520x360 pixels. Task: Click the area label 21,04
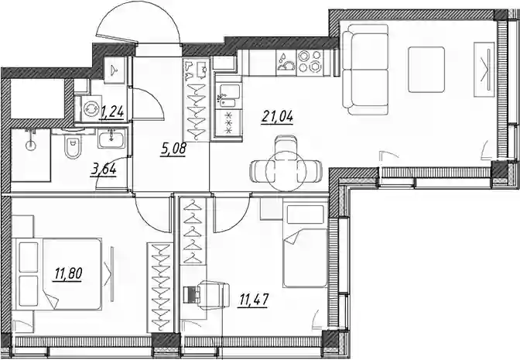point(278,116)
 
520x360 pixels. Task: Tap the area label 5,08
point(173,149)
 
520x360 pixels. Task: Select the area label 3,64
point(104,170)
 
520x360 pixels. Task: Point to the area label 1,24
point(112,111)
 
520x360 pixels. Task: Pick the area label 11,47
point(253,300)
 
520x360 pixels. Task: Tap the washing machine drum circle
point(90,108)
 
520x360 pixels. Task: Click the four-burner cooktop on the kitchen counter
point(309,61)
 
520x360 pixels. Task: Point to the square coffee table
point(426,70)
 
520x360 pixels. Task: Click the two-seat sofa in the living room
point(365,70)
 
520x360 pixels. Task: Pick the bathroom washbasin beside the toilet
point(111,138)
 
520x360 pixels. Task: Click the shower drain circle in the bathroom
point(31,145)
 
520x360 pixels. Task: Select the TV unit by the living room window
point(484,70)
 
